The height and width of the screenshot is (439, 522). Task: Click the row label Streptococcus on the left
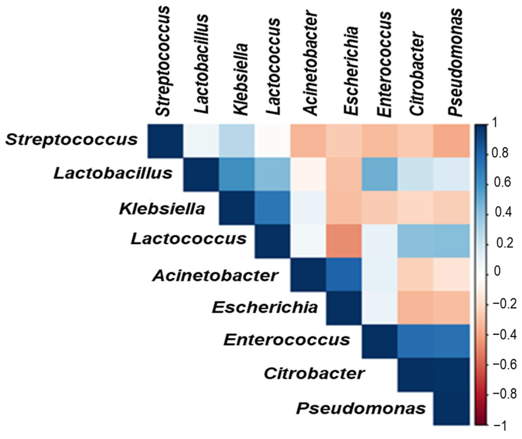tap(71, 140)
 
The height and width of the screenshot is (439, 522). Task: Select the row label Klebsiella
tap(162, 209)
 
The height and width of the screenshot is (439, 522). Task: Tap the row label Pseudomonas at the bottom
tap(361, 409)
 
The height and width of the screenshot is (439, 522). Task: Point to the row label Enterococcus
tap(287, 340)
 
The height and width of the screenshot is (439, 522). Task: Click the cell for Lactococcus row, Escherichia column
tap(344, 241)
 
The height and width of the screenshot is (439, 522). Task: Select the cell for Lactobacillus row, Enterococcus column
tap(380, 174)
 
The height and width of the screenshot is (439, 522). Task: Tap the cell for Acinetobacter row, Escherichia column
tap(344, 275)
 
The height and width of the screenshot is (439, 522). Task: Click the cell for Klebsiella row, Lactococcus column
tap(272, 208)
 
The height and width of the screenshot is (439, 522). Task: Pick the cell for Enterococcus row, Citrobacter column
tap(415, 341)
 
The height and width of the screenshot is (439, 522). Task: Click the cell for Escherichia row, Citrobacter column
tap(415, 308)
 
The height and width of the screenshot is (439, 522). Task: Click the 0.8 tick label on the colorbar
tap(500, 153)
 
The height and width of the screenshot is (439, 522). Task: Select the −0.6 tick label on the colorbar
tap(504, 364)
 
